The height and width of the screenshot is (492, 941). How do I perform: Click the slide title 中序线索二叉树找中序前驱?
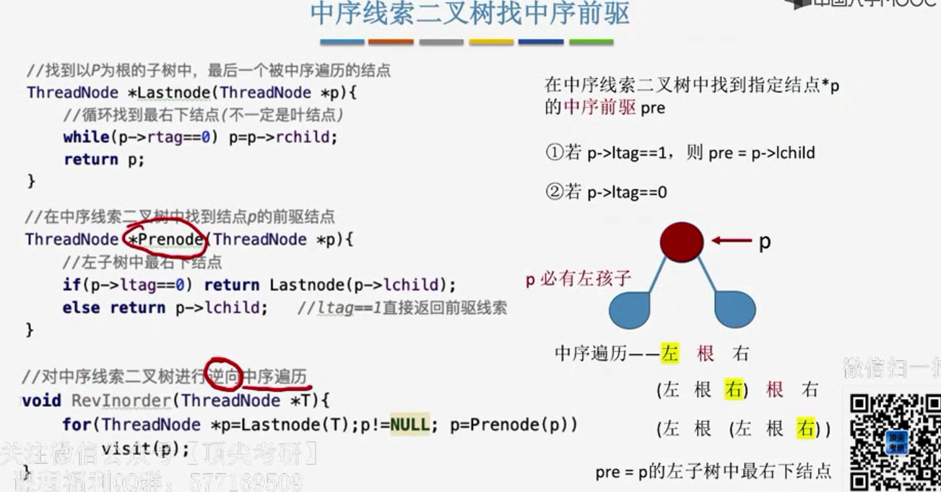click(x=469, y=14)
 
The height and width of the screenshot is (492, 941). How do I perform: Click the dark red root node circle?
click(x=681, y=241)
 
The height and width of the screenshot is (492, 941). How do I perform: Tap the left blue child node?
click(x=630, y=309)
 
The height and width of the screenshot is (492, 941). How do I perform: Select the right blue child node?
click(x=735, y=309)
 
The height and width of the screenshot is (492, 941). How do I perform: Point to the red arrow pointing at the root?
click(x=731, y=241)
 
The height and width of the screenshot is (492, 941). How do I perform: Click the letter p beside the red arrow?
click(x=764, y=242)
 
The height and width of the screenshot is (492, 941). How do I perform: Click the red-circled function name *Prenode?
click(x=166, y=239)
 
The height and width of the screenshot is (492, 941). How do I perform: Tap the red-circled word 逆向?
click(x=223, y=376)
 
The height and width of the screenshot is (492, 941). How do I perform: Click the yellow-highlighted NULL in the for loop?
click(x=409, y=424)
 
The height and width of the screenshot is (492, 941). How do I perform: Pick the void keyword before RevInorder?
click(x=42, y=400)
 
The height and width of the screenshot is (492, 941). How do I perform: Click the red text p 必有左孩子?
click(x=578, y=279)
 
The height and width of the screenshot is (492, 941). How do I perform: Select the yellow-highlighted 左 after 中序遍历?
click(x=670, y=353)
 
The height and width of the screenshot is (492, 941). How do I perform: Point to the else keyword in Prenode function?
click(x=82, y=308)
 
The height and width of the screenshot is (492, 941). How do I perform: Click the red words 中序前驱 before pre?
click(x=599, y=108)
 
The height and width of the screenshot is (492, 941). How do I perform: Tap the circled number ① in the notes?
click(x=552, y=153)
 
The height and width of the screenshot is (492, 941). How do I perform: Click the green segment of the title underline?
click(x=591, y=43)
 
